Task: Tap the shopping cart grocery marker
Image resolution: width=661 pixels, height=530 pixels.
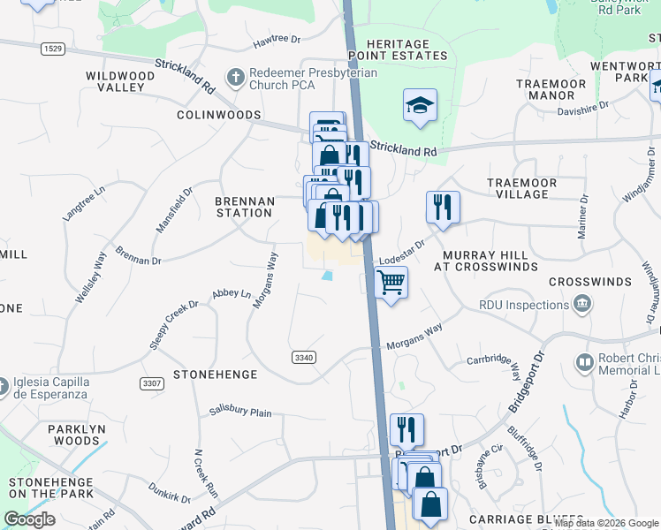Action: [391, 284]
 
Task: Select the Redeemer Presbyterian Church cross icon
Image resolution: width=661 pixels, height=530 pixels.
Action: [235, 78]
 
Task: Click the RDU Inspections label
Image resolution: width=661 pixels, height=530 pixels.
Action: [524, 305]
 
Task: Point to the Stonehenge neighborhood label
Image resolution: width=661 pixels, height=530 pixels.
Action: [215, 375]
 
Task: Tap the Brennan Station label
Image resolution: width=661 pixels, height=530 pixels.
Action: [244, 207]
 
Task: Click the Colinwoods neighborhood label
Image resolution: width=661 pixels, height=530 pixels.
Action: [218, 116]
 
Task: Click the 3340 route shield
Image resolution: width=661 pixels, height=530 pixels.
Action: [303, 357]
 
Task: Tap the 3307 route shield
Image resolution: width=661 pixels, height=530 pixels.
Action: [152, 383]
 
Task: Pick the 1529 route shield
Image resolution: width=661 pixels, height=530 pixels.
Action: [51, 46]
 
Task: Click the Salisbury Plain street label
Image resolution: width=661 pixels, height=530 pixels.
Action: [240, 412]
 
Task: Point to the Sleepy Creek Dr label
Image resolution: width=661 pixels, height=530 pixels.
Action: [173, 325]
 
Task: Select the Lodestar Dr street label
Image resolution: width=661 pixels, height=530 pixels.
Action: [402, 252]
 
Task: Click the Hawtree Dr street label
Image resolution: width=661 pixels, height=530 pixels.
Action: [277, 40]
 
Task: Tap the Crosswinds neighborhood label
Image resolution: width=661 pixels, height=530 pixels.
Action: [589, 282]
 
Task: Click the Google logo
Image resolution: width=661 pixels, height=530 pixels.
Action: [29, 519]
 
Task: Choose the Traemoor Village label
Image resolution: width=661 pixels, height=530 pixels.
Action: [521, 188]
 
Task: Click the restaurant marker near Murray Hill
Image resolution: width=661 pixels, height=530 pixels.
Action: [443, 208]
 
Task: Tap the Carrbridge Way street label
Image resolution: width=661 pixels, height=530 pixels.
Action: [491, 360]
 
